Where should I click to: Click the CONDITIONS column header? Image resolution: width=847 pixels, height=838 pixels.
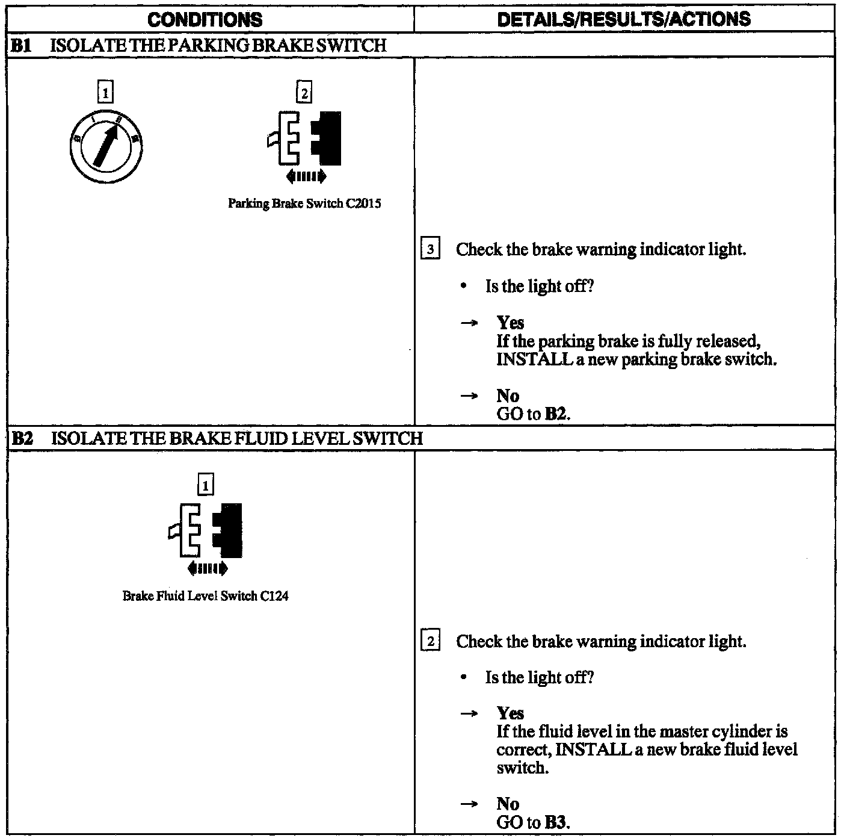click(x=205, y=19)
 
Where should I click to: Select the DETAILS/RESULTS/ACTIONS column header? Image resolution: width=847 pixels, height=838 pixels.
click(x=624, y=19)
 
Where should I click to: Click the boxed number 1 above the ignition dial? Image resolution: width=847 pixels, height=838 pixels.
click(x=105, y=93)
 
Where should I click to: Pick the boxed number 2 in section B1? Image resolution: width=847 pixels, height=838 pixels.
click(x=304, y=93)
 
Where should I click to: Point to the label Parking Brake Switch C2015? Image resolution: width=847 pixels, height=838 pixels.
click(x=304, y=203)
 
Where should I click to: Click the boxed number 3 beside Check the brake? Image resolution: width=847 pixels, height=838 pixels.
click(x=430, y=249)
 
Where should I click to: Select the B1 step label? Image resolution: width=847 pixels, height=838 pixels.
click(x=22, y=45)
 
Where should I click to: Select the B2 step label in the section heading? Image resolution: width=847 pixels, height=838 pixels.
click(x=22, y=438)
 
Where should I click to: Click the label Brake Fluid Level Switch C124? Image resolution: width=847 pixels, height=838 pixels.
click(x=205, y=596)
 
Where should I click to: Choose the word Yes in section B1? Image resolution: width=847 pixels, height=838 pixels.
click(x=510, y=323)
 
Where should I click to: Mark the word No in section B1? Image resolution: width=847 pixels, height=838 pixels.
click(x=508, y=396)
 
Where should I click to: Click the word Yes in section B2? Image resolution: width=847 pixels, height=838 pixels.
click(x=510, y=713)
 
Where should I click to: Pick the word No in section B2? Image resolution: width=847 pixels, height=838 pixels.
click(x=508, y=804)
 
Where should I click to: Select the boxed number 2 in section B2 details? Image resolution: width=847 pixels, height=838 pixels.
click(x=430, y=641)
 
